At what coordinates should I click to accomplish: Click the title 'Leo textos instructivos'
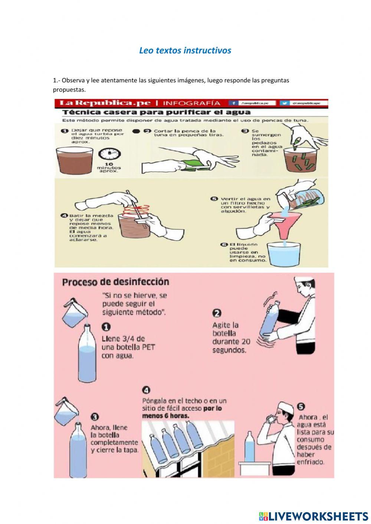185,50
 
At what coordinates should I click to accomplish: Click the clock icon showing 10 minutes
109,154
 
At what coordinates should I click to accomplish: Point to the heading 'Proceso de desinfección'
115,282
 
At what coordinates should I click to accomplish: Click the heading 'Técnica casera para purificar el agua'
156,112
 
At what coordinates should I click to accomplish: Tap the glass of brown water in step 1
74,160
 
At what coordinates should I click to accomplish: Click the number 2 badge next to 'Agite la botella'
217,313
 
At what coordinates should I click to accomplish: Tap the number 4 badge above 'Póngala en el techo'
146,390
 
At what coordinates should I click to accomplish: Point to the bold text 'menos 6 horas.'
165,416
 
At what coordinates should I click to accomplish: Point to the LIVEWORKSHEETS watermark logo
313,516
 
